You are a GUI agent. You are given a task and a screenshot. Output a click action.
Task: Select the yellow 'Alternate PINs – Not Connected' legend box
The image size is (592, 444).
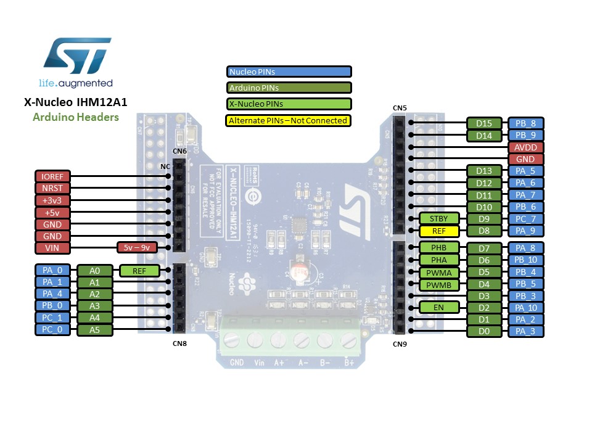pyautogui.click(x=289, y=120)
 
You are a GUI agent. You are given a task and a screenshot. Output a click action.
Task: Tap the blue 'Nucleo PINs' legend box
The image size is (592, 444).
pyautogui.click(x=289, y=72)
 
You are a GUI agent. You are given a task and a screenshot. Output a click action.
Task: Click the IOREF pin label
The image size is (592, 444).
pyautogui.click(x=52, y=176)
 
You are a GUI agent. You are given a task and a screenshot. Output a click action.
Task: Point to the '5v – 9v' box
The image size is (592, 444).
pyautogui.click(x=137, y=248)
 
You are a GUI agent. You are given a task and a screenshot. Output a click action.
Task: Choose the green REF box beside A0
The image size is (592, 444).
pyautogui.click(x=139, y=270)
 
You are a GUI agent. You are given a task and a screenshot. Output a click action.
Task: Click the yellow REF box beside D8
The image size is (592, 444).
pyautogui.click(x=439, y=231)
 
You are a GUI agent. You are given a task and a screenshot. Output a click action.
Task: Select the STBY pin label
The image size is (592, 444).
pyautogui.click(x=439, y=219)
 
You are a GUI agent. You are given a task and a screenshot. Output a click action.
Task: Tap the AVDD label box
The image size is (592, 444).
pyautogui.click(x=525, y=147)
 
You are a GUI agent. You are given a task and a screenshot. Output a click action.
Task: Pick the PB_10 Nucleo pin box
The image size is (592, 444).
pyautogui.click(x=525, y=260)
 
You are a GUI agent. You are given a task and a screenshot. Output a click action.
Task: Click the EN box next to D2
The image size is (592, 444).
pyautogui.click(x=439, y=307)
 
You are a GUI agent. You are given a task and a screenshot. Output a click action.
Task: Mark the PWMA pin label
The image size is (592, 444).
pyautogui.click(x=439, y=272)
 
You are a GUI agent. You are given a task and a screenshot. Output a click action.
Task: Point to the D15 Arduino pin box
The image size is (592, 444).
pyautogui.click(x=483, y=123)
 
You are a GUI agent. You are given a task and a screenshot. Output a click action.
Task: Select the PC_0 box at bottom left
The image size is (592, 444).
pyautogui.click(x=52, y=330)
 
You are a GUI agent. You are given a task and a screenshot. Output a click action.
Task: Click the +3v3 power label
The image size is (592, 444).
pyautogui.click(x=52, y=200)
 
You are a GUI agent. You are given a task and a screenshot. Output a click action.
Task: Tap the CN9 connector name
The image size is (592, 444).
pyautogui.click(x=400, y=343)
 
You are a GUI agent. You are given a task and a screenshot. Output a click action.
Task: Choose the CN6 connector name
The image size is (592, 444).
pyautogui.click(x=179, y=151)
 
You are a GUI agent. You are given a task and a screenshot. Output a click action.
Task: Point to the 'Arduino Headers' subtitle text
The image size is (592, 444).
pyautogui.click(x=76, y=117)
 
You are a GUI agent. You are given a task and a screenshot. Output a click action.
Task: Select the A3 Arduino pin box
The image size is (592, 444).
pyautogui.click(x=94, y=306)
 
